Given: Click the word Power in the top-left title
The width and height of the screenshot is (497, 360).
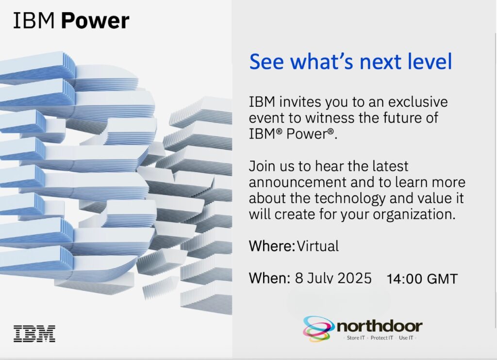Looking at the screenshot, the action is click(x=95, y=21).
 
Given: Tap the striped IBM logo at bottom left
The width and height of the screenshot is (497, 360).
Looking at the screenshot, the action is click(x=34, y=333).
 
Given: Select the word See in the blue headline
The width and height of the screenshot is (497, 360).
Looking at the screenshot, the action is click(x=266, y=62).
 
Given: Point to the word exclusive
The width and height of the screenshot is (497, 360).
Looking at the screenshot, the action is click(x=418, y=102).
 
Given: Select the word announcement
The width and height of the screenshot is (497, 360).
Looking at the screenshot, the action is click(x=298, y=182).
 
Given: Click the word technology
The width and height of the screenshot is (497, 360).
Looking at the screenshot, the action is click(x=349, y=199).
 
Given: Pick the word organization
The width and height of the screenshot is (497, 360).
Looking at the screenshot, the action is click(x=414, y=215).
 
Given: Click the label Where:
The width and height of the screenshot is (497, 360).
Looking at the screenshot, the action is click(x=272, y=246).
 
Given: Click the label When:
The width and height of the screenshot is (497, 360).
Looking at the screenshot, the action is click(x=269, y=278).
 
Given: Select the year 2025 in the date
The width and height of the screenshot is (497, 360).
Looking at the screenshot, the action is click(x=354, y=278).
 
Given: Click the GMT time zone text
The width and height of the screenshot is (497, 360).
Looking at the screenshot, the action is click(x=443, y=279).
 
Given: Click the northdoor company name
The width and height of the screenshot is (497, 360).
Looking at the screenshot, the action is click(x=380, y=326).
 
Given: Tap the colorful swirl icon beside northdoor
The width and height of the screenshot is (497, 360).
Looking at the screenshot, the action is click(x=318, y=328).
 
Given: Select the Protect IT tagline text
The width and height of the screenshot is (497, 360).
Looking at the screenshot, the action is click(x=381, y=338).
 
